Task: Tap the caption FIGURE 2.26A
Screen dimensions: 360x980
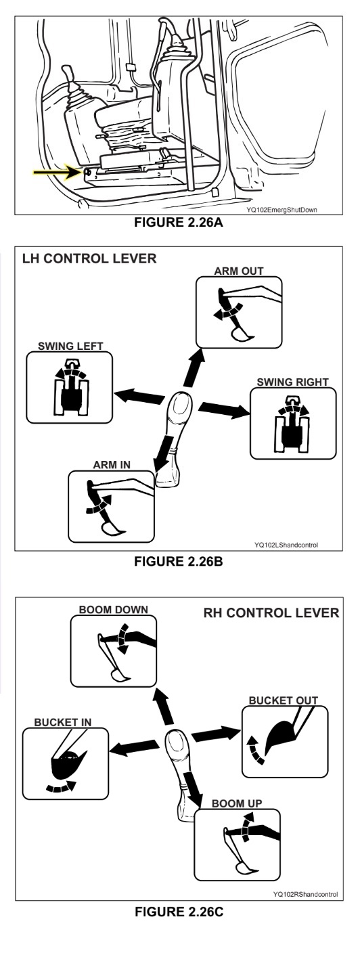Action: [x=179, y=222]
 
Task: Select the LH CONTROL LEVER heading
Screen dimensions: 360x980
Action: [x=89, y=258]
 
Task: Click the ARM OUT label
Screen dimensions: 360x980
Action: [x=239, y=271]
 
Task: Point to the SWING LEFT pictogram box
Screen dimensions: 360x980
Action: [x=70, y=387]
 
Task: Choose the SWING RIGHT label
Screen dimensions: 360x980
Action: [x=292, y=382]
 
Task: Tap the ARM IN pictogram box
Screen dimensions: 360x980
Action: [x=112, y=506]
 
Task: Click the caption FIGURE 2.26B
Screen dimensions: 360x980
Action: [x=179, y=561]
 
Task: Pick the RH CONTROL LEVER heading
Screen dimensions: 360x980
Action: [x=271, y=612]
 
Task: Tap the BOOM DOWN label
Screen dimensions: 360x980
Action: [x=114, y=609]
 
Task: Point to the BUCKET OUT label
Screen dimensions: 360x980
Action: [x=284, y=700]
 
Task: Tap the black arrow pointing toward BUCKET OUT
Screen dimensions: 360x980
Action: [x=216, y=734]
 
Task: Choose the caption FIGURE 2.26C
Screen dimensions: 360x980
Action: [x=179, y=912]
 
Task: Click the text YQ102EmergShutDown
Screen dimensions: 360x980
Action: [x=282, y=210]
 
